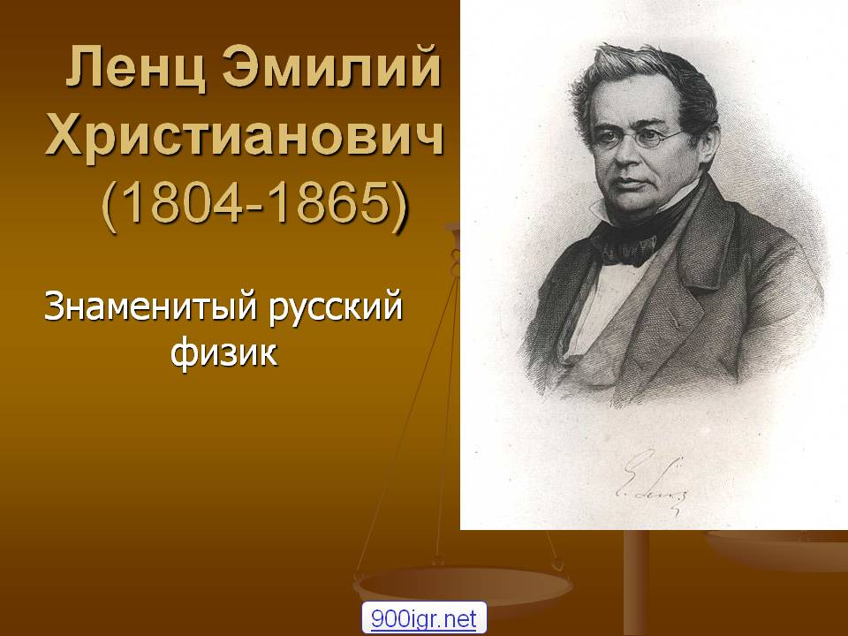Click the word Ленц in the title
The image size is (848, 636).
pyautogui.click(x=136, y=67)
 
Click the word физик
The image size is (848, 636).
pyautogui.click(x=223, y=352)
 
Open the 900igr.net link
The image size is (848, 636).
pyautogui.click(x=424, y=618)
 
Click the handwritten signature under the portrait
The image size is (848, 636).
pyautogui.click(x=652, y=481)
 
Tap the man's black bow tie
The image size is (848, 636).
pyautogui.click(x=630, y=250)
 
